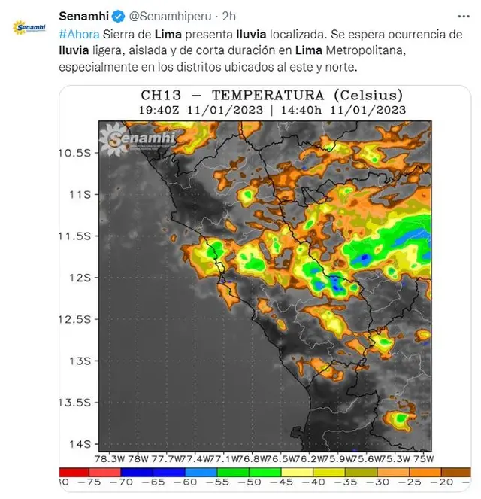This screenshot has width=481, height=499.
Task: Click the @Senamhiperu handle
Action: tap(166, 16)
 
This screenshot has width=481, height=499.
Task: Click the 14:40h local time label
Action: tap(307, 109)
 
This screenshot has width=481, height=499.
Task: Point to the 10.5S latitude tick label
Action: tap(74, 153)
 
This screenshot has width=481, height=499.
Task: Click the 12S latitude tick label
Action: tap(80, 277)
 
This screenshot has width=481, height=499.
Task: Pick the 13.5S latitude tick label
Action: tap(74, 402)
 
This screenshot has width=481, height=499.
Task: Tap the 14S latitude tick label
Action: tap(80, 443)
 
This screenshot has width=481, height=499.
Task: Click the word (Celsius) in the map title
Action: tap(371, 96)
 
